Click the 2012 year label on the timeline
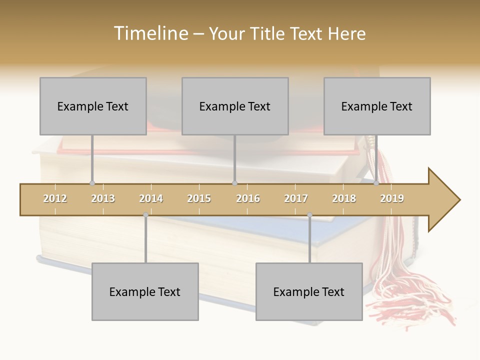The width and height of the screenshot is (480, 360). click(55, 198)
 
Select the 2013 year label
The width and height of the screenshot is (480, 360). click(103, 198)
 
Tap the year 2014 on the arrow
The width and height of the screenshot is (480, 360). click(151, 198)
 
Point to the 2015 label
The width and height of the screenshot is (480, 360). click(199, 198)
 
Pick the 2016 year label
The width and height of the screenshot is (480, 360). click(248, 198)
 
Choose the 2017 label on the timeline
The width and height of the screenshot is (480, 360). click(296, 198)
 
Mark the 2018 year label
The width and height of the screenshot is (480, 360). click(344, 198)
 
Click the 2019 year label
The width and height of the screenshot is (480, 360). click(392, 198)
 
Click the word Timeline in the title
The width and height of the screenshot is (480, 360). click(149, 33)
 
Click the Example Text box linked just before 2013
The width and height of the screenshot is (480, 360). click(93, 106)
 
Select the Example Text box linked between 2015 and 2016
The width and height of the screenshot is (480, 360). click(235, 106)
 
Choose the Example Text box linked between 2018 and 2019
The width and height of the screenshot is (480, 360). click(377, 106)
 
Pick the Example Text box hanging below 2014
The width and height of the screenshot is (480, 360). click(145, 291)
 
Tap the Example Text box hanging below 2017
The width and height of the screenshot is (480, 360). click(309, 291)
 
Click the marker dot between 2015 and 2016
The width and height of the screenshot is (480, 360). click(234, 183)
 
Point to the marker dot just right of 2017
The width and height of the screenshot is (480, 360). click(309, 215)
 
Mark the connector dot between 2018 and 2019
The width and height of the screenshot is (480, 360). click(376, 183)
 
